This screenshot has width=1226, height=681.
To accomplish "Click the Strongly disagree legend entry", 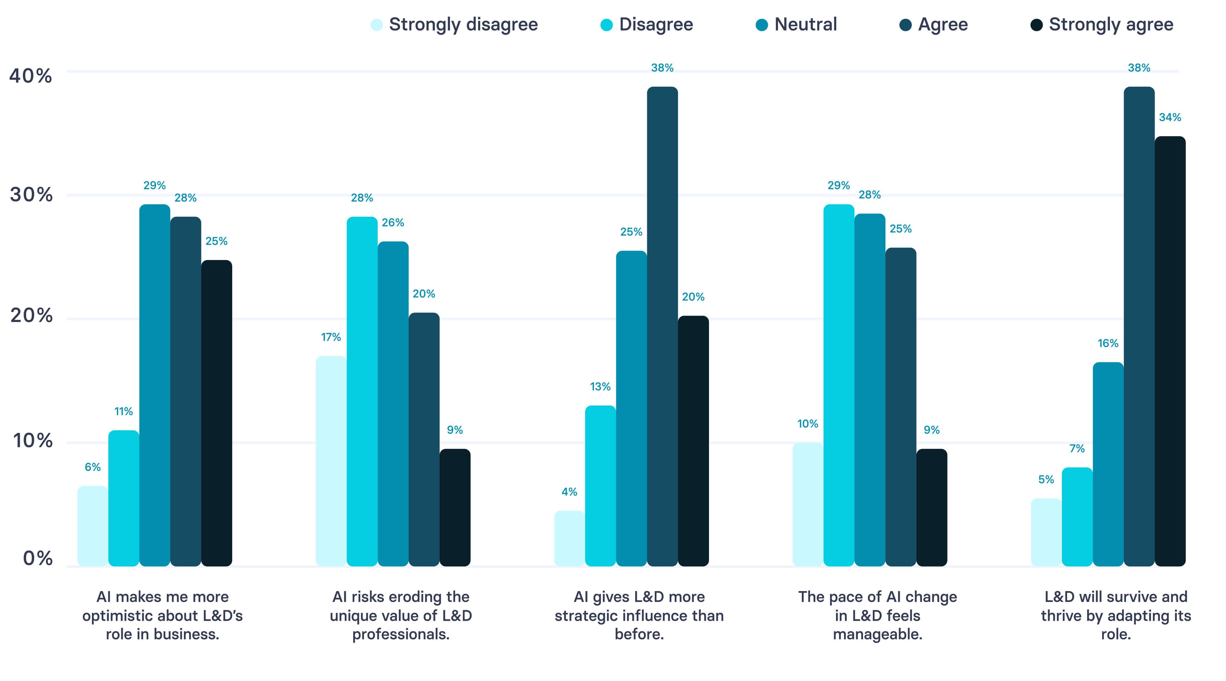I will tap(455, 25).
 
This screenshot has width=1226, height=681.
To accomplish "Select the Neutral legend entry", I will tap(796, 25).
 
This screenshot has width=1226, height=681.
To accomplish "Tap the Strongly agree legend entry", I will tap(1102, 25).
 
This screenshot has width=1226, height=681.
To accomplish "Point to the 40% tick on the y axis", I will tap(30, 76).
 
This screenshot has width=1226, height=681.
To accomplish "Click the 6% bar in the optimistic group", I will tap(93, 526).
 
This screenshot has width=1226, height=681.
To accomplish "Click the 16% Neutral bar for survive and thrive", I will tap(1108, 464).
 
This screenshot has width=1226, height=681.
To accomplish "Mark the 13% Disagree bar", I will tap(600, 485).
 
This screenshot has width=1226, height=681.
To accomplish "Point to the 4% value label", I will tap(569, 492).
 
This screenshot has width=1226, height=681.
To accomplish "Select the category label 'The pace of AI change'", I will tap(877, 615).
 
